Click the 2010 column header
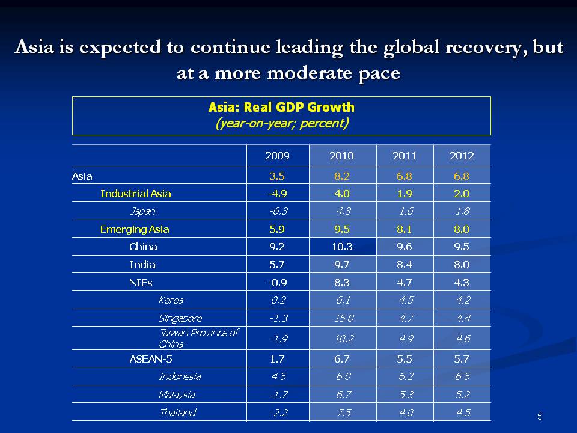click(341, 156)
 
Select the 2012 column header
click(462, 156)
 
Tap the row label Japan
click(142, 211)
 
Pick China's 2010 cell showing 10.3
click(341, 247)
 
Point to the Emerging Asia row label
click(135, 229)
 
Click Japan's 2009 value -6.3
click(277, 211)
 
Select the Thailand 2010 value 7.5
click(343, 413)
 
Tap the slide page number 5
click(540, 416)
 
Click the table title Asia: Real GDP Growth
click(281, 108)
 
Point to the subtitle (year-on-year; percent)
click(281, 123)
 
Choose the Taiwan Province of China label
click(198, 339)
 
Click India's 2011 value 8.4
click(404, 265)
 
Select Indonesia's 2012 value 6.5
click(463, 376)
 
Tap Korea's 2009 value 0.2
click(277, 300)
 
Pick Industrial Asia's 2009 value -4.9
click(277, 194)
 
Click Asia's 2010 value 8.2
click(341, 176)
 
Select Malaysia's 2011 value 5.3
click(406, 395)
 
